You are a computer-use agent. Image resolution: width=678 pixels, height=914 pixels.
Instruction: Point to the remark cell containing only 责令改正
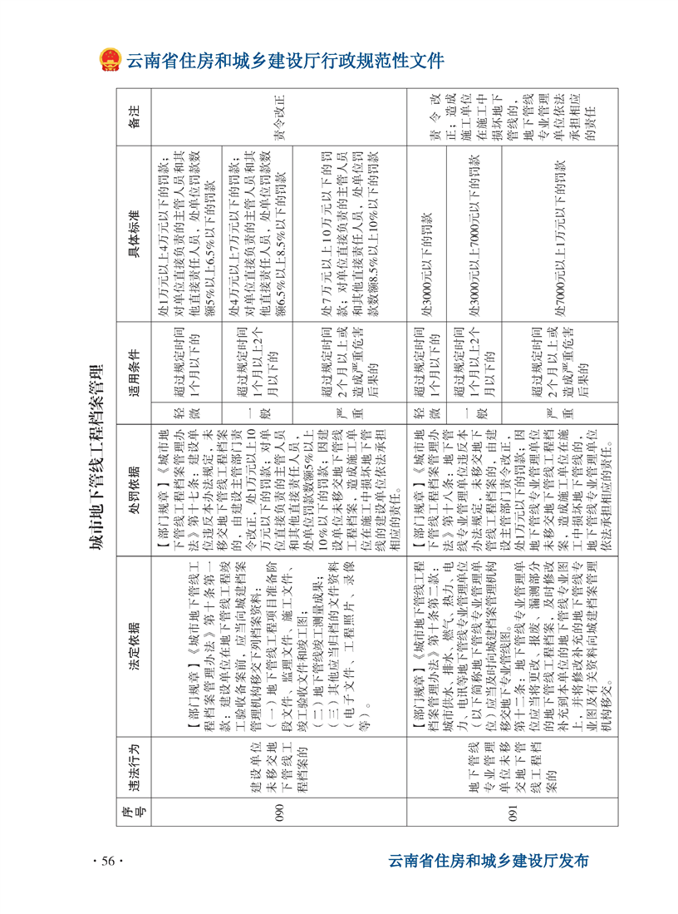coord(278,117)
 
